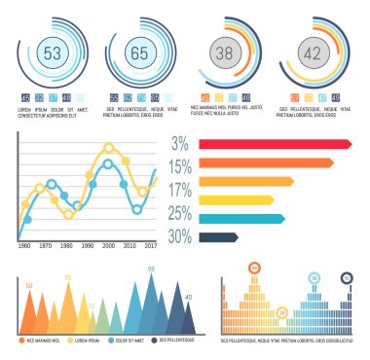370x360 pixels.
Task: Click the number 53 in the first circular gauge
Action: (52, 51)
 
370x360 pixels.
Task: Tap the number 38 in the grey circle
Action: (225, 54)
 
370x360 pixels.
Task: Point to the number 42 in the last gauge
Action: (313, 54)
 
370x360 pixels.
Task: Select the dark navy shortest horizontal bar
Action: (219, 236)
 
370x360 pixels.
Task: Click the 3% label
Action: (180, 144)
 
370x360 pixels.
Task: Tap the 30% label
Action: (178, 236)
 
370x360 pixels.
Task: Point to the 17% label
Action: (178, 190)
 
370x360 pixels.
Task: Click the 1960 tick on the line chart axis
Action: (23, 247)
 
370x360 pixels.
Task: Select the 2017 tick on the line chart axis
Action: (150, 247)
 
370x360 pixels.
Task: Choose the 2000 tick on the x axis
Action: (108, 247)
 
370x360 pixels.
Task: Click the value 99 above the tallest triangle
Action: (151, 269)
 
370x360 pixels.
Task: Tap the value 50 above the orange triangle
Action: (29, 285)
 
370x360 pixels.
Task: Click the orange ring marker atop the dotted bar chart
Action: (254, 268)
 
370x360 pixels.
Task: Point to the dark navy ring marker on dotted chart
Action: (346, 277)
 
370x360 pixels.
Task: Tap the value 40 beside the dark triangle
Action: (188, 297)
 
